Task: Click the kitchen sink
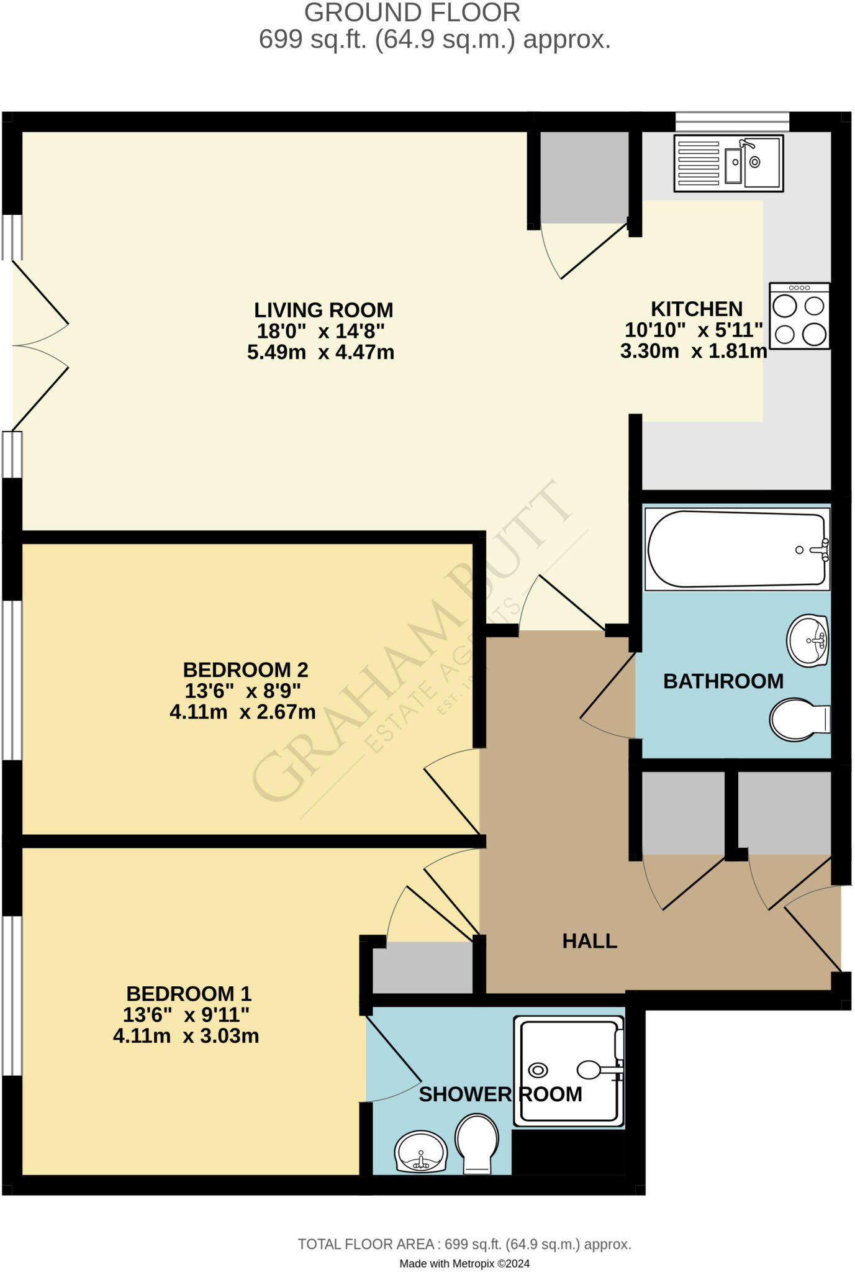(728, 163)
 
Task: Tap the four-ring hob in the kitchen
(799, 316)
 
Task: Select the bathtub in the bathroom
(737, 550)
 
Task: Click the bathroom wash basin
(808, 640)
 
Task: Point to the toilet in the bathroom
(798, 720)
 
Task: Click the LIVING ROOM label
(323, 310)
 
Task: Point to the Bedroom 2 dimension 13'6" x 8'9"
(243, 691)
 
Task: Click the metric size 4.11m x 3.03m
(186, 1036)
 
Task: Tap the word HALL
(589, 941)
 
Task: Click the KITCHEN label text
(696, 309)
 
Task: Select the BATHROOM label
(723, 681)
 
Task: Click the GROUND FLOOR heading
(412, 12)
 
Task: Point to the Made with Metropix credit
(464, 1263)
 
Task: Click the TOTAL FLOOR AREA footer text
(464, 1244)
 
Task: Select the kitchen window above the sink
(732, 121)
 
